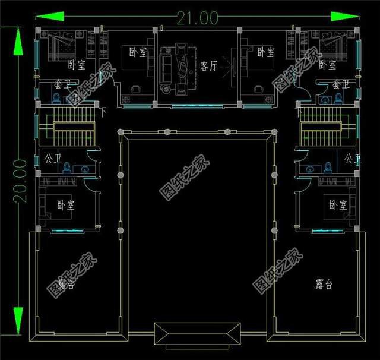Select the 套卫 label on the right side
(x=340, y=84)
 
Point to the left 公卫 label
(x=52, y=159)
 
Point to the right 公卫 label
(x=353, y=159)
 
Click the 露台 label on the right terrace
(x=324, y=284)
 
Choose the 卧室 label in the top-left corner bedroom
(x=76, y=64)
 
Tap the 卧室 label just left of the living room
(x=138, y=52)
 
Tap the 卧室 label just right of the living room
(x=266, y=52)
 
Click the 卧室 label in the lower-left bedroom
(x=66, y=205)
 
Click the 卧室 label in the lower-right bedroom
(x=337, y=205)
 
